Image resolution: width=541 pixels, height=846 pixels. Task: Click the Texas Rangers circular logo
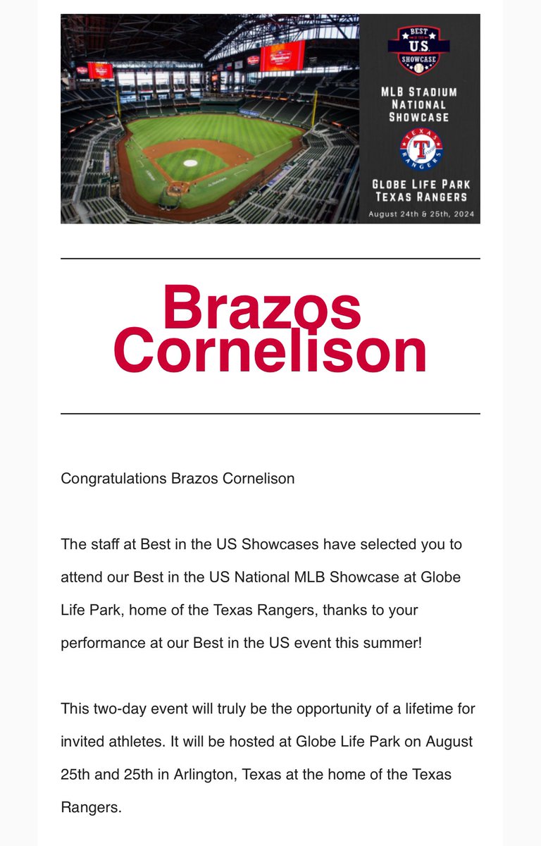pos(421,150)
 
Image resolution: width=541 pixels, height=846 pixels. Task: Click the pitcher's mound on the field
pos(190,163)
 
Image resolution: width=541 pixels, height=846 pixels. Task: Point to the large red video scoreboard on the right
pos(281,56)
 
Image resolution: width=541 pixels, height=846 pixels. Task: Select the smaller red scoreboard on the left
pos(100,70)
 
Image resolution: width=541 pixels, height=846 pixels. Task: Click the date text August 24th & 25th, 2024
pos(420,213)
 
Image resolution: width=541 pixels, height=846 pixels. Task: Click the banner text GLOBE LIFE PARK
pos(421,184)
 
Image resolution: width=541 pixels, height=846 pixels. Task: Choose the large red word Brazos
pos(261,308)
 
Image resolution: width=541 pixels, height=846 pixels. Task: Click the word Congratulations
pos(113,479)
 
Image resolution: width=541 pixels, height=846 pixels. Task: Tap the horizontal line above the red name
pos(270,259)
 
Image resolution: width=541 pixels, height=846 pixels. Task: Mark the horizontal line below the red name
pos(270,413)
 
